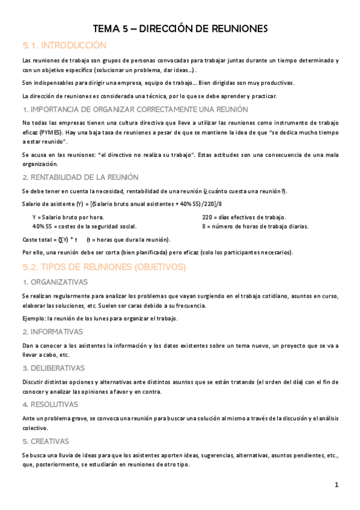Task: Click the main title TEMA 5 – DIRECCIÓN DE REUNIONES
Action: [180, 28]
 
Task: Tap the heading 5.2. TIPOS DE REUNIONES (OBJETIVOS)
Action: [104, 266]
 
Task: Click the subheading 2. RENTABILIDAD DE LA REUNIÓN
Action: [80, 177]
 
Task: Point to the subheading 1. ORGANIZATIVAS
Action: [55, 282]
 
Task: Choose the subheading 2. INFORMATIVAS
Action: [52, 331]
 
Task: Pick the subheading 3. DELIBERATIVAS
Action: [53, 367]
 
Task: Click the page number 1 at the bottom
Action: [337, 484]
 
